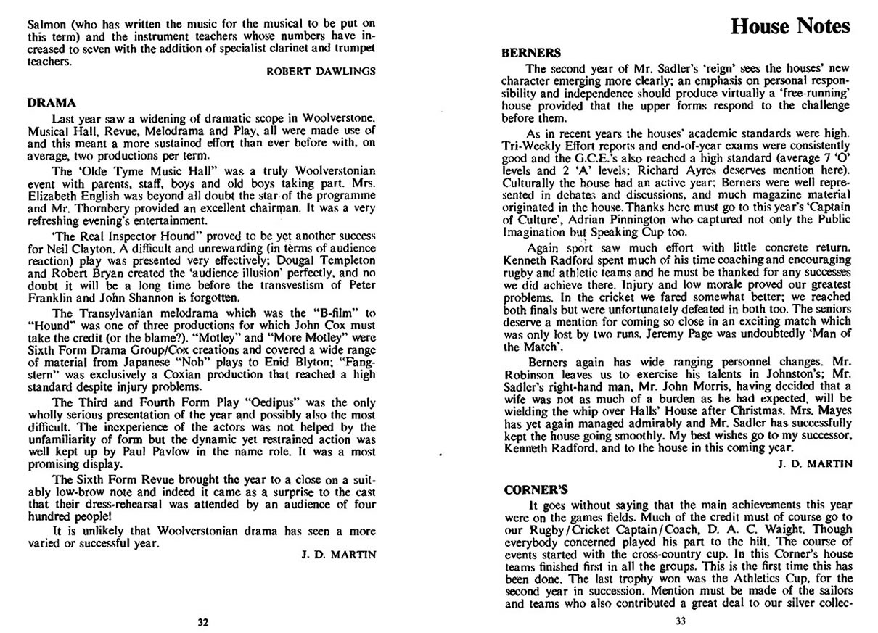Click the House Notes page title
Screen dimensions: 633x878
point(789,27)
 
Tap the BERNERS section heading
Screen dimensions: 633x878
point(531,52)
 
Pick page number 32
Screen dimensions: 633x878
point(204,621)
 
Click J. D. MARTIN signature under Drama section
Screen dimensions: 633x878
point(339,554)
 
